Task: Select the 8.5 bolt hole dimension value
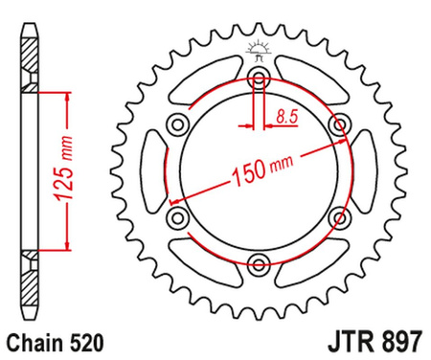pos(284,117)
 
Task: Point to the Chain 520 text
pos(53,341)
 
